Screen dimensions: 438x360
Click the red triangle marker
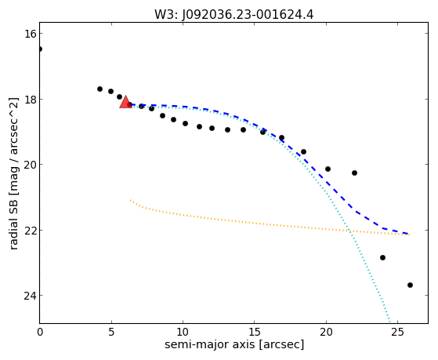coord(125,102)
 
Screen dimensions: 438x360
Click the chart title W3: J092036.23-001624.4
coord(234,15)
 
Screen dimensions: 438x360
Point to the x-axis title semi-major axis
coord(234,344)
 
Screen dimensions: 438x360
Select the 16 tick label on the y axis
coord(30,34)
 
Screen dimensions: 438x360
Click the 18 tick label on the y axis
coord(30,100)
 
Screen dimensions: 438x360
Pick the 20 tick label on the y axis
coord(30,165)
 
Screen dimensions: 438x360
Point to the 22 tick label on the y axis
coord(30,231)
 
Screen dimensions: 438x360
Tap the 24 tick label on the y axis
coord(30,296)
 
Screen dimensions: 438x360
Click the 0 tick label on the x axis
coord(40,333)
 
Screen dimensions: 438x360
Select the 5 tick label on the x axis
coord(111,333)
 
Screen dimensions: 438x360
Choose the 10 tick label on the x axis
coord(183,333)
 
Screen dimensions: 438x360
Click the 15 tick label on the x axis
coord(254,333)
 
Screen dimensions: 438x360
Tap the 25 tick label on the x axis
coord(397,333)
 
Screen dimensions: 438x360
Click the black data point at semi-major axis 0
coord(40,49)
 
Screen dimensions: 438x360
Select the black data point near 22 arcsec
coord(354,173)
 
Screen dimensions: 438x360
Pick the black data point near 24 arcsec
coord(382,257)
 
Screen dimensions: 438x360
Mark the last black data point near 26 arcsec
coord(410,285)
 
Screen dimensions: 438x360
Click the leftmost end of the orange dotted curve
coord(130,200)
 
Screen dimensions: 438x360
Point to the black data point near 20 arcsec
coord(328,169)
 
